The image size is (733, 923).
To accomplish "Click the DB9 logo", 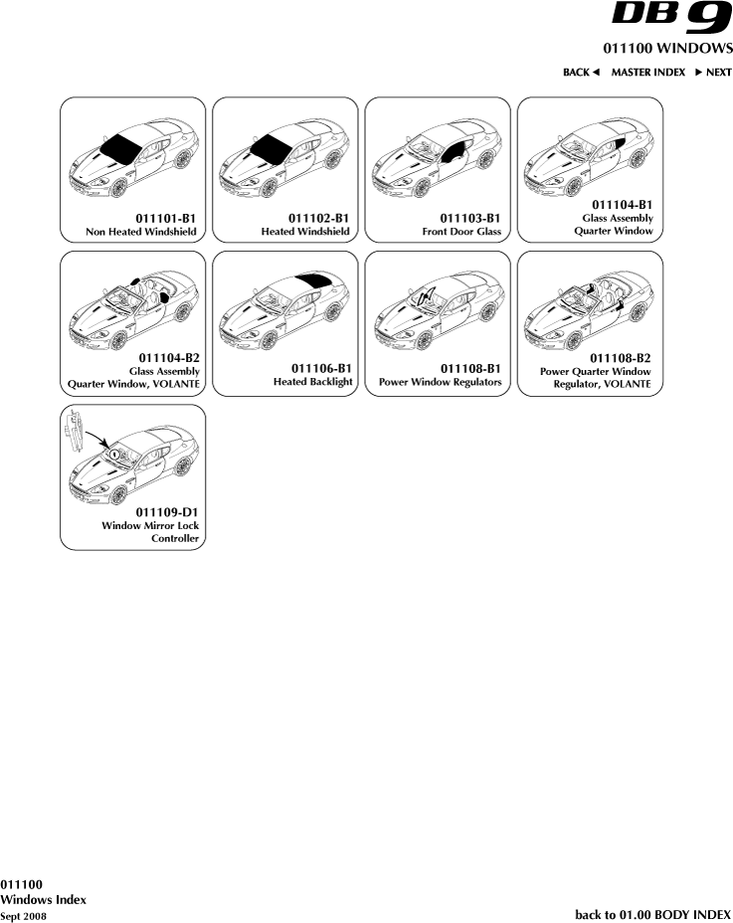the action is pos(671,18).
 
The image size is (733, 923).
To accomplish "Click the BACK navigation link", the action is pos(581,73).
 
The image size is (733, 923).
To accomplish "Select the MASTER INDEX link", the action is pos(648,73).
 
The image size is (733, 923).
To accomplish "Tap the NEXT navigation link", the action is pos(713,73).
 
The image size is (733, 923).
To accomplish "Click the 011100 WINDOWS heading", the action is pos(667,48).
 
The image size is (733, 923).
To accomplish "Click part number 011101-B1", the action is pos(165,219).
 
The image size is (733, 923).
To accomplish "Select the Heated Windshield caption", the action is pos(305,232).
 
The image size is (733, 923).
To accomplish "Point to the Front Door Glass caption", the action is pos(461,232).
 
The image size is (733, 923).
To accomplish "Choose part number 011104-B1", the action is pos(623,205).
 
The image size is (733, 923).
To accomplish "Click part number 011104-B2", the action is pos(169,358).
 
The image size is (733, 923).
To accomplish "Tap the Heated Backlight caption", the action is pos(312,382).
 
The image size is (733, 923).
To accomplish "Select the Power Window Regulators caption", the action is pos(440,382).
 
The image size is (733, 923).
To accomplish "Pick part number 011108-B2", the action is pos(621,358).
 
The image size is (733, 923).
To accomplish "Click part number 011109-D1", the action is pos(167,512).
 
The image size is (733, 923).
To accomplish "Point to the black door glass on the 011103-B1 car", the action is pos(455,152).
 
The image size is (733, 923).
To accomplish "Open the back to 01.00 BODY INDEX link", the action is pos(652,914).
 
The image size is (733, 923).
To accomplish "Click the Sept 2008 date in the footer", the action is pos(23,916).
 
